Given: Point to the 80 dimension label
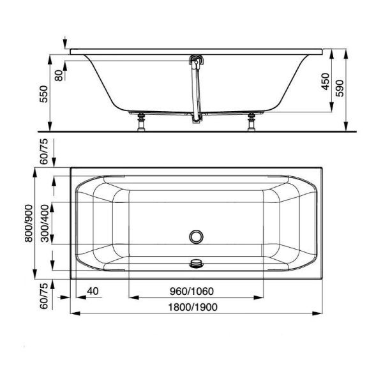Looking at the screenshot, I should click(59, 74).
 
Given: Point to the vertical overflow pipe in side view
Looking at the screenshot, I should click(193, 89).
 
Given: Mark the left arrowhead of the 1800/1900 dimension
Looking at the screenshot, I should click(73, 313).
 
